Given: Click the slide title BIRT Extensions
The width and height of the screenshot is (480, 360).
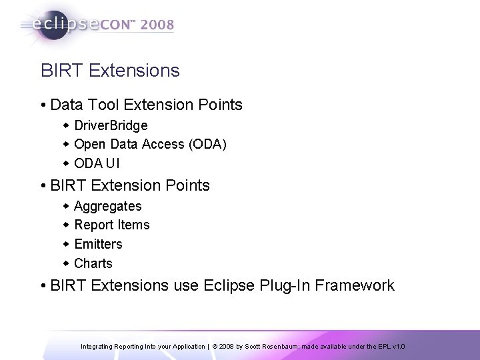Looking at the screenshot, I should pos(110,70).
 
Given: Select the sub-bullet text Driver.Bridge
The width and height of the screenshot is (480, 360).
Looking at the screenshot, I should pos(111,125).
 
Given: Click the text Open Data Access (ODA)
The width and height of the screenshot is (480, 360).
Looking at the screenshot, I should pos(150,145).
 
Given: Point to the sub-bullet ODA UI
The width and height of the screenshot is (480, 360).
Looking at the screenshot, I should pos(97,164).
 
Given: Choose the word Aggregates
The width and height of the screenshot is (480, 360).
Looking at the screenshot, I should pos(108,207).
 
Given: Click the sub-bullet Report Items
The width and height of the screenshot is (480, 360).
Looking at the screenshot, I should pos(112,225).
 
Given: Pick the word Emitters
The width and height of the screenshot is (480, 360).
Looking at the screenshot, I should pos(99,244).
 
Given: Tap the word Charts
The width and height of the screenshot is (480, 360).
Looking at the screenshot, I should pos(93,263).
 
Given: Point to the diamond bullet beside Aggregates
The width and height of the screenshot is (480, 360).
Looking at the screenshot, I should pos(66,207).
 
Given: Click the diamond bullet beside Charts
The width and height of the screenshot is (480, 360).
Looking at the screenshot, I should pos(66,263).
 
